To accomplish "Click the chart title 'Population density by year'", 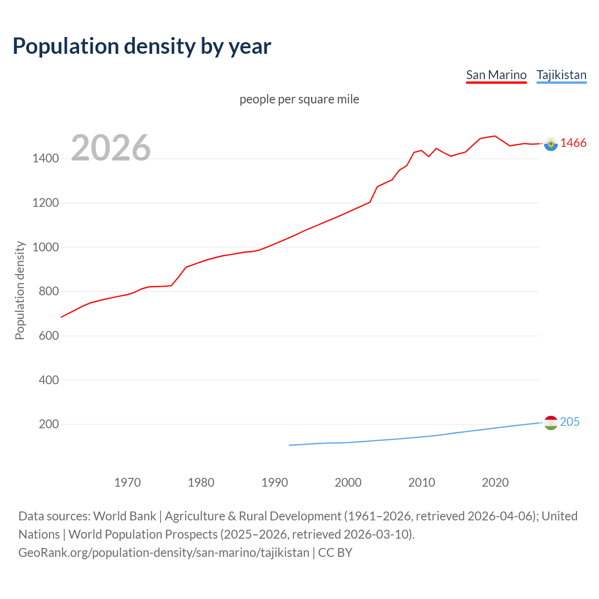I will (142, 46).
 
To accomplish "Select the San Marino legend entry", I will (496, 75).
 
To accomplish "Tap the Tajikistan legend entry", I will (561, 75).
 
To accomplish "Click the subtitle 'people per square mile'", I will (299, 99).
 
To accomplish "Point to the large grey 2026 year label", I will (111, 148).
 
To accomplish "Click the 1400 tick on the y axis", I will (45, 159).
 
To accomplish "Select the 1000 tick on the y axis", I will (45, 247).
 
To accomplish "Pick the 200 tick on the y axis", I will (49, 424).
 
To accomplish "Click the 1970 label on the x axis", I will (127, 482).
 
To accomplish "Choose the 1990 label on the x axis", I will (275, 482).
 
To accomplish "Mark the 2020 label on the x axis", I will (495, 482).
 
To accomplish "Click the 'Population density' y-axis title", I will (20, 290).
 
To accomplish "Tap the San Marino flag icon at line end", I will (551, 144).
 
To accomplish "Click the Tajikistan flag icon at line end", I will (551, 423).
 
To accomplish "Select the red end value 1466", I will (573, 143).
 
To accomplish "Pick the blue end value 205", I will (570, 422).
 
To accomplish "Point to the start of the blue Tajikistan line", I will (290, 445).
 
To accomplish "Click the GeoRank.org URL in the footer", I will (164, 552).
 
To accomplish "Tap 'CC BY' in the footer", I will (335, 552).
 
